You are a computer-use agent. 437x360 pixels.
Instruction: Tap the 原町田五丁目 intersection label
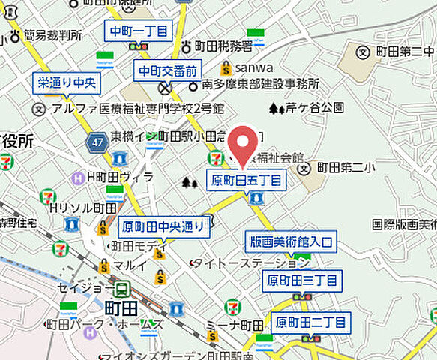pos(246,180)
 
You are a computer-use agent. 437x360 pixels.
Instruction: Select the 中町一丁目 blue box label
pos(138,31)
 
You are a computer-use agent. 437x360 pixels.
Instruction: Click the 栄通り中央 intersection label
pos(65,84)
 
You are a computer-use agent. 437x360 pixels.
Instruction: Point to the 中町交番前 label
pos(167,71)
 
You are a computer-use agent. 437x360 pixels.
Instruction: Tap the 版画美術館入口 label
pos(291,241)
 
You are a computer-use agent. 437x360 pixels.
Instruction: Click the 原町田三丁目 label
pos(302,281)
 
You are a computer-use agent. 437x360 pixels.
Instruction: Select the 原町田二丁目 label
pos(310,322)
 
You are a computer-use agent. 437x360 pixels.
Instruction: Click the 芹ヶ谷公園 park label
pos(315,108)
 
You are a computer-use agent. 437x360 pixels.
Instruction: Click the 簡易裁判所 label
pos(52,34)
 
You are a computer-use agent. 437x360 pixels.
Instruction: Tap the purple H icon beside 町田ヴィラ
pos(77,177)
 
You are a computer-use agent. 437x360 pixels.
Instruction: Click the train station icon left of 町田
pos(120,288)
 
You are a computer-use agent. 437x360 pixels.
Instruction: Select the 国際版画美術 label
pos(404,223)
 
